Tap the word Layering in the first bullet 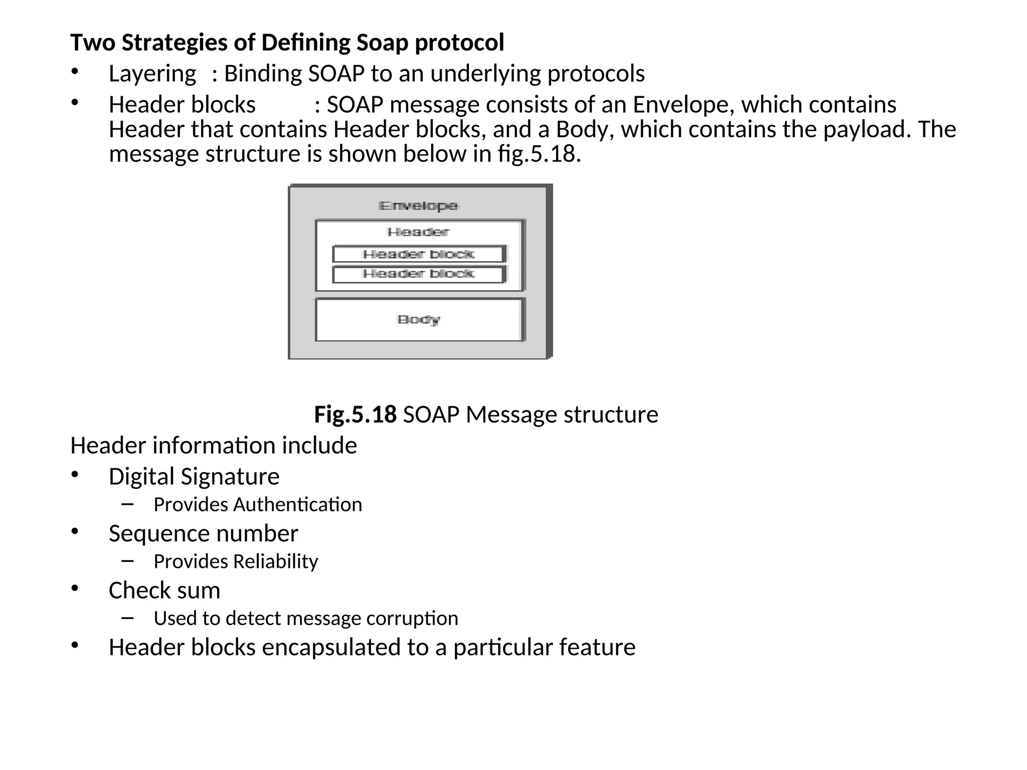pyautogui.click(x=152, y=74)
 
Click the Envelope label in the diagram pyautogui.click(x=418, y=206)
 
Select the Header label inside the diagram pyautogui.click(x=418, y=232)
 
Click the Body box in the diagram pyautogui.click(x=419, y=320)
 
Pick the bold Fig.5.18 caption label pyautogui.click(x=355, y=415)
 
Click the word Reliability pyautogui.click(x=275, y=561)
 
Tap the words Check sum pyautogui.click(x=164, y=591)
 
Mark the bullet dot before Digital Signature pyautogui.click(x=75, y=474)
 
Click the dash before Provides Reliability pyautogui.click(x=127, y=560)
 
